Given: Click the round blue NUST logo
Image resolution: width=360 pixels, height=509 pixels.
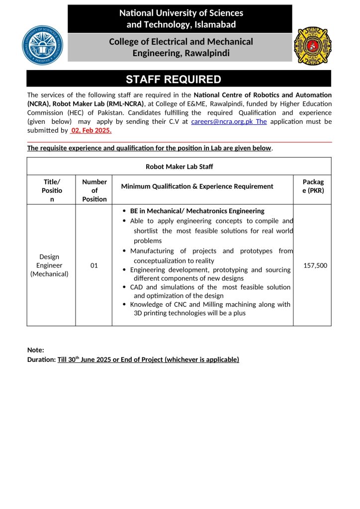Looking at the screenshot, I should (x=42, y=45).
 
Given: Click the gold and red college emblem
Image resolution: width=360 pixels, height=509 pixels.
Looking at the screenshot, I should (x=312, y=46).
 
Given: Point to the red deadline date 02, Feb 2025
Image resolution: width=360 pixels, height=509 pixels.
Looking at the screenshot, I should (x=91, y=131).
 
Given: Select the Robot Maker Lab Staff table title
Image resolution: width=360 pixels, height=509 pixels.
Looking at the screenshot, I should (x=179, y=167).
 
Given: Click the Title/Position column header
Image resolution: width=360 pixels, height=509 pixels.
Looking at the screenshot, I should (x=51, y=190).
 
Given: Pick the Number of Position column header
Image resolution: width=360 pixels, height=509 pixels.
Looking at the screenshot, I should (x=94, y=190).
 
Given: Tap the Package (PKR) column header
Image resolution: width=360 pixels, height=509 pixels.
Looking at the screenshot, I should (x=313, y=186).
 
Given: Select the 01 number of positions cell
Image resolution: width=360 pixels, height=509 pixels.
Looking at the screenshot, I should (x=94, y=265).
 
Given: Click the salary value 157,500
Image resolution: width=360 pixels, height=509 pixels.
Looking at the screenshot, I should (x=315, y=265).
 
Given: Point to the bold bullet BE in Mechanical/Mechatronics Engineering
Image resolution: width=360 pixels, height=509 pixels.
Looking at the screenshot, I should (x=197, y=211).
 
